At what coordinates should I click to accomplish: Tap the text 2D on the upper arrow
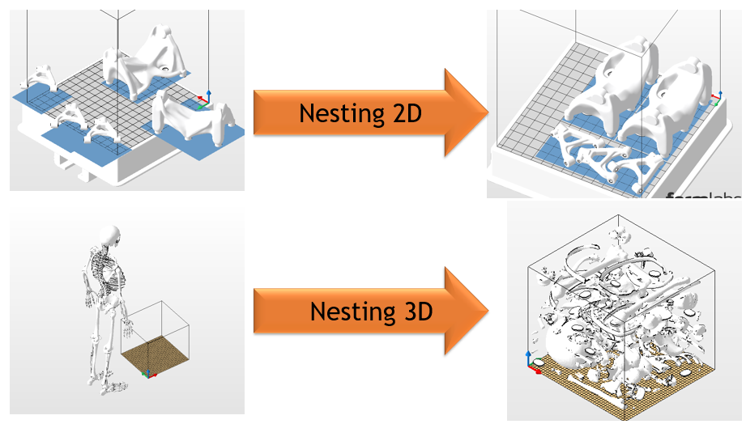pyautogui.click(x=403, y=112)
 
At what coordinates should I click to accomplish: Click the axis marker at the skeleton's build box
pyautogui.click(x=147, y=373)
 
